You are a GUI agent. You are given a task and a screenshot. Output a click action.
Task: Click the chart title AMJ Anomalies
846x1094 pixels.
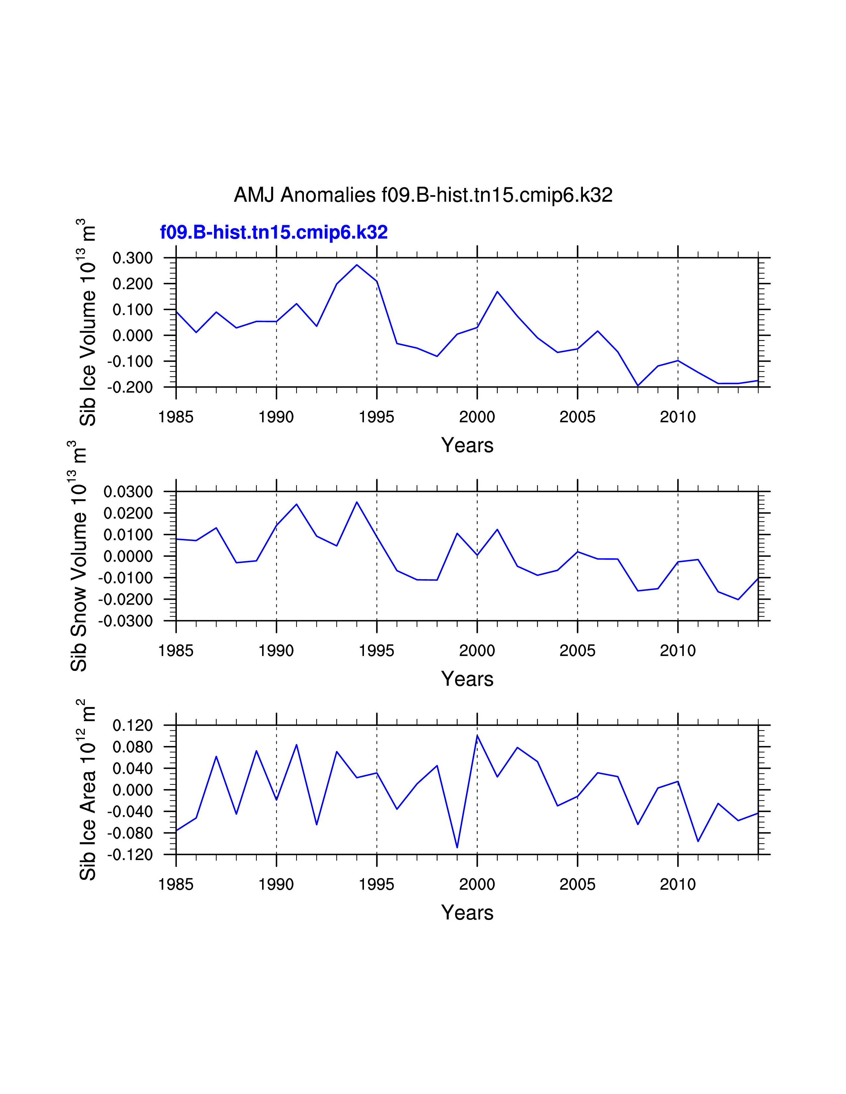[423, 195]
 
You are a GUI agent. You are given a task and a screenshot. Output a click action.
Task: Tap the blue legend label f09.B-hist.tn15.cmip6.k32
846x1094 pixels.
[274, 232]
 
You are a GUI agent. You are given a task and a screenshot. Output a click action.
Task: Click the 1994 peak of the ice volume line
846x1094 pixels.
[357, 265]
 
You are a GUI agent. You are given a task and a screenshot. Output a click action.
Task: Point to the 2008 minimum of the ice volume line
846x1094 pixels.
[638, 386]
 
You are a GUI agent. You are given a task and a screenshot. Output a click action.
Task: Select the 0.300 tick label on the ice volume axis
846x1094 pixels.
[132, 259]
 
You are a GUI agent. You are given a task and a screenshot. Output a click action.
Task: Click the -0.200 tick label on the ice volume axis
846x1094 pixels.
[129, 387]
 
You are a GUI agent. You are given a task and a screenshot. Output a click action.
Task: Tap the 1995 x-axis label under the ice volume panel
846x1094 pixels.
[377, 417]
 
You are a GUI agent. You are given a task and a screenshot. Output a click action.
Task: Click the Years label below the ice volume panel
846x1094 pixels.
[467, 445]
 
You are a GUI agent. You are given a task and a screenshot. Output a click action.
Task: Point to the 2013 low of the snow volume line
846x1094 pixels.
[738, 599]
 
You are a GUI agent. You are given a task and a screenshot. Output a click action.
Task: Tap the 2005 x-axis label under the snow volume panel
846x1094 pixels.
[577, 651]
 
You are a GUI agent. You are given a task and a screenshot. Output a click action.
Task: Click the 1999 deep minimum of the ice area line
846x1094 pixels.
[457, 848]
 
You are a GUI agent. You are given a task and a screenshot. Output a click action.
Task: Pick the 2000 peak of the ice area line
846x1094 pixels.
[477, 735]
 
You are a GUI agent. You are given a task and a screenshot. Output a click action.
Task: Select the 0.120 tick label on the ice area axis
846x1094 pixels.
[132, 725]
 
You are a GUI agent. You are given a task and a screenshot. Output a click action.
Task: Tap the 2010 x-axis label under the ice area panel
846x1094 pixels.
[677, 884]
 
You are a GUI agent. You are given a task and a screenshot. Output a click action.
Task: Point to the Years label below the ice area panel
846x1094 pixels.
[467, 913]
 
